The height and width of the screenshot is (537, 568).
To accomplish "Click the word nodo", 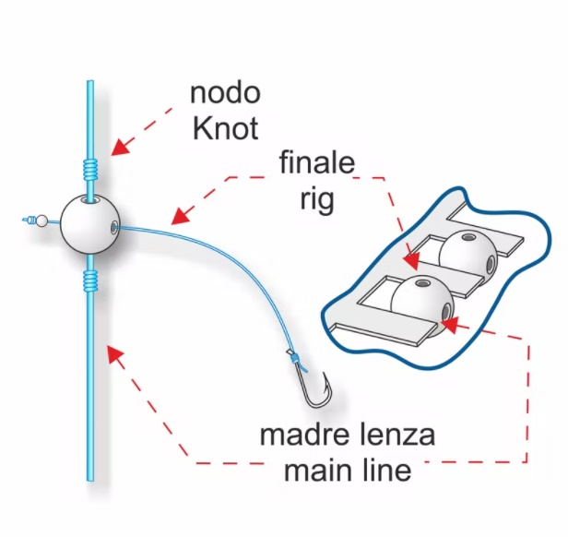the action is [225, 93].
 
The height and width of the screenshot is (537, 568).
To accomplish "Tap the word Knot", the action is [225, 128].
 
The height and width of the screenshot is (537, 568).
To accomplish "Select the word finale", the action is [317, 162].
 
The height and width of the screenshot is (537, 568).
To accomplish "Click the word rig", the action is [317, 199].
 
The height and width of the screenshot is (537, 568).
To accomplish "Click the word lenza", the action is [393, 435].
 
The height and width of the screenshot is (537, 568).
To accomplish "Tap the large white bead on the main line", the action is [89, 224].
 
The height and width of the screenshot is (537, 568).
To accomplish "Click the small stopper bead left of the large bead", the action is [42, 221].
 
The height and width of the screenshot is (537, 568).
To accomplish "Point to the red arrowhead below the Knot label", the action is [120, 147].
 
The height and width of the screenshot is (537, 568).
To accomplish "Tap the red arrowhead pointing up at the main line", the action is [114, 355].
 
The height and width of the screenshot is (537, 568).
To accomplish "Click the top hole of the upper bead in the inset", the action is [469, 237].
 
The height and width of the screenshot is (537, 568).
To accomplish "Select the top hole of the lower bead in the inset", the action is [421, 283].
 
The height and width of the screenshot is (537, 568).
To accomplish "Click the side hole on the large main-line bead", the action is [114, 227].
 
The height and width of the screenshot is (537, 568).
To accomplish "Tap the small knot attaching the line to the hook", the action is [295, 359].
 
